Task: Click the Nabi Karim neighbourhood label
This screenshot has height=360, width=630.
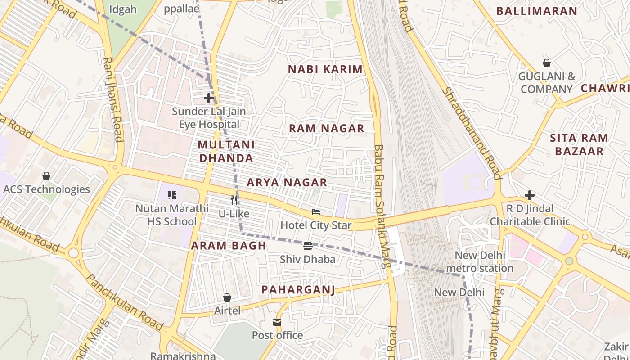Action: (x=325, y=69)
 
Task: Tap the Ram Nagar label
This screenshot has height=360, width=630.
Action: (x=326, y=129)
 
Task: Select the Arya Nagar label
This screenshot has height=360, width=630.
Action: (x=287, y=183)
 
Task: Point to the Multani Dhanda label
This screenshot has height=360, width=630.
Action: (x=226, y=152)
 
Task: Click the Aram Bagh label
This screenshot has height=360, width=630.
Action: (x=229, y=246)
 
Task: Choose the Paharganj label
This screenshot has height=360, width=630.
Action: (x=298, y=289)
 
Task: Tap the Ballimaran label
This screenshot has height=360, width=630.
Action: (x=536, y=11)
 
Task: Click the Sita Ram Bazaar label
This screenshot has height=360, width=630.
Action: (x=579, y=144)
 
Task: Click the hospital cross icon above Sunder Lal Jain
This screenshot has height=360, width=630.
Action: (x=208, y=98)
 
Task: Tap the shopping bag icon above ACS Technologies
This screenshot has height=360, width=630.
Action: (x=46, y=175)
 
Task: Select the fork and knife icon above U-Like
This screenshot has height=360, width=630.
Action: (x=234, y=200)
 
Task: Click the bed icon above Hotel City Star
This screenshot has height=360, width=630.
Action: (x=316, y=211)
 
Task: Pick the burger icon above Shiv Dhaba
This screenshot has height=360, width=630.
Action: (x=308, y=246)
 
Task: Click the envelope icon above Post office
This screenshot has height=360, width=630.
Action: (x=277, y=322)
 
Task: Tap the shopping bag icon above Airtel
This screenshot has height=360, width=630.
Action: (x=227, y=297)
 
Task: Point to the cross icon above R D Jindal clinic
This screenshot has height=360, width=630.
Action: (x=530, y=195)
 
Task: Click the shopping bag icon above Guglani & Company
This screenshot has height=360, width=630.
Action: (x=547, y=63)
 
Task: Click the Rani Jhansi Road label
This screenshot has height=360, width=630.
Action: (x=113, y=99)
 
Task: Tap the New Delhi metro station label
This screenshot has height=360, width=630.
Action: (x=480, y=262)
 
